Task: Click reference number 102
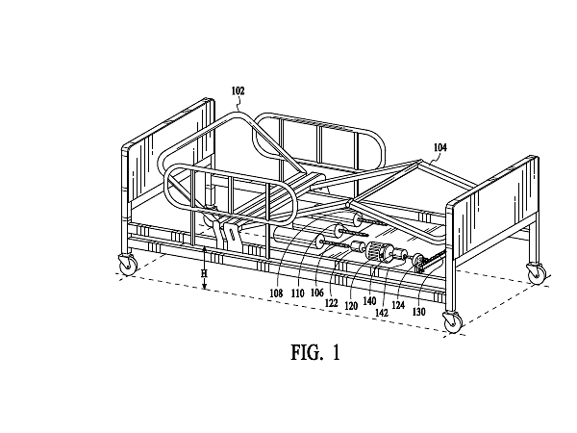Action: click(x=238, y=90)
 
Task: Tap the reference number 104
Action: click(x=440, y=147)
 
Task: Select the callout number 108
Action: click(x=276, y=293)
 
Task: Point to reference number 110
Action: click(x=298, y=293)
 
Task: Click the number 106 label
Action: click(x=317, y=293)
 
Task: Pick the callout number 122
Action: click(x=332, y=303)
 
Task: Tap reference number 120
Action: click(x=351, y=306)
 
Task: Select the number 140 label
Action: click(x=369, y=301)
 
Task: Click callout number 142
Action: click(x=382, y=313)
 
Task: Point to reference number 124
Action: click(x=398, y=305)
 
